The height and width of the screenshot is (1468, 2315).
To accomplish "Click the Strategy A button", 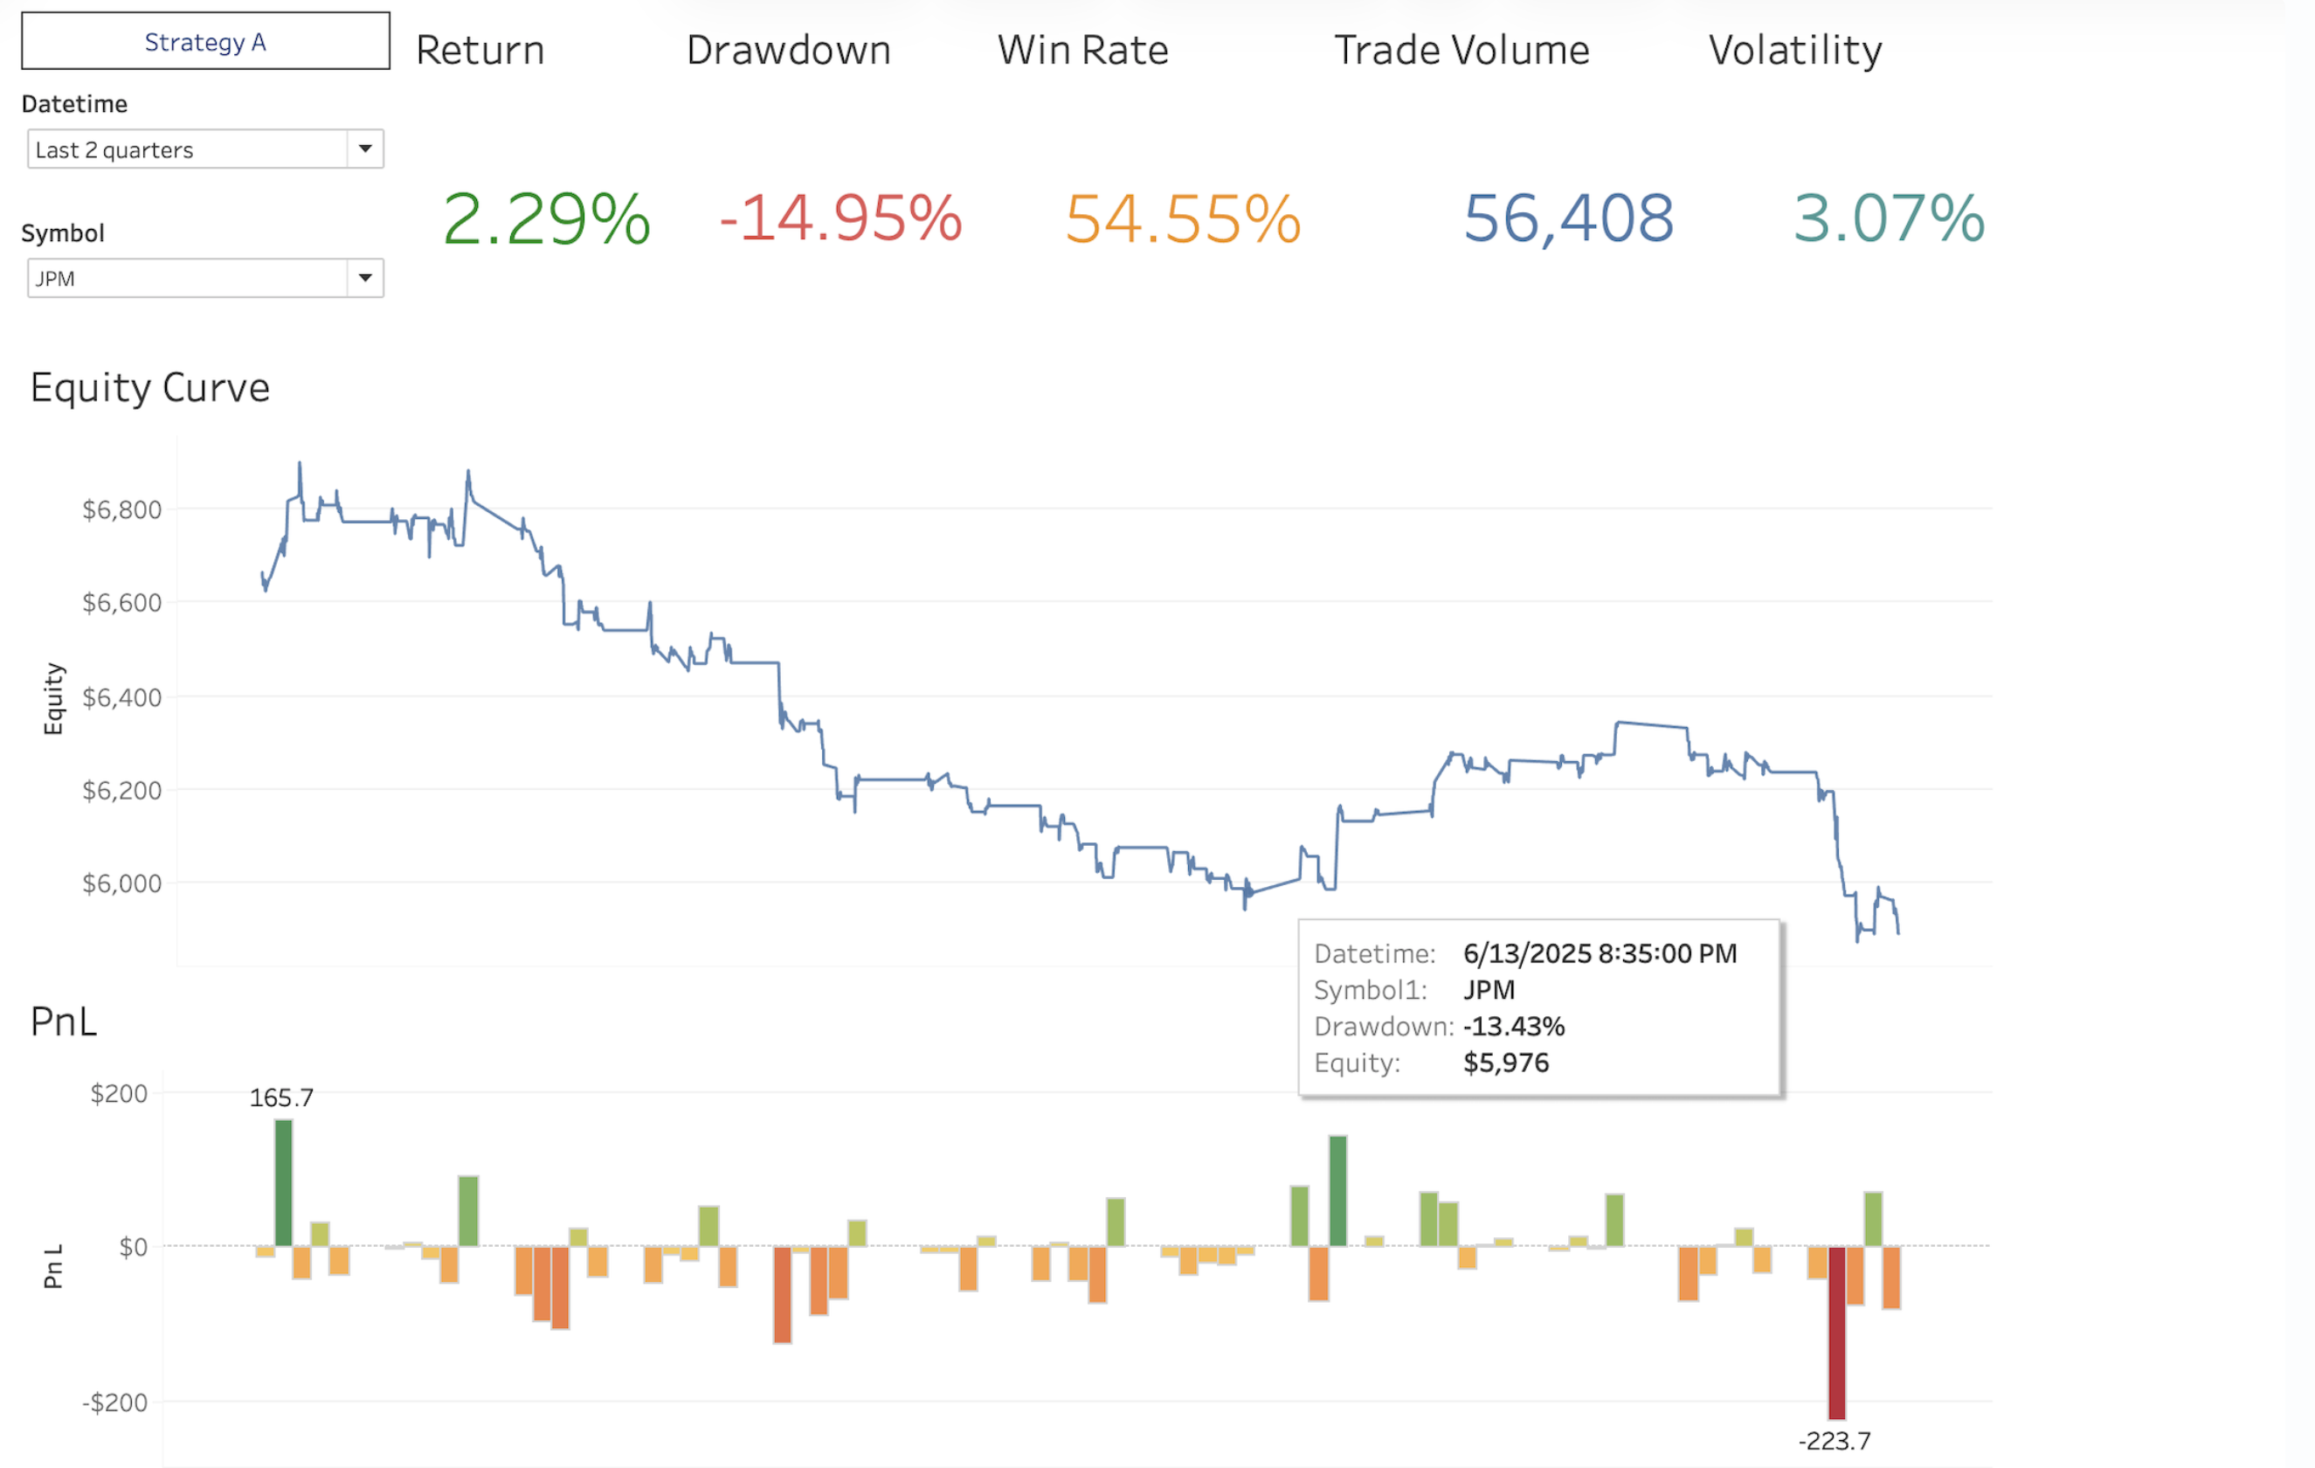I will [204, 41].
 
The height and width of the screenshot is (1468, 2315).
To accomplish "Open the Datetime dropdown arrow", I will [365, 149].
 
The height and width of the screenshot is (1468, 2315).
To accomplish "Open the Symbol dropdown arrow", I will [365, 278].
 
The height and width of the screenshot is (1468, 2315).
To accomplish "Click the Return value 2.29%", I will [546, 218].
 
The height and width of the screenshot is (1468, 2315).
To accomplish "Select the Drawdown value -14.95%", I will [840, 218].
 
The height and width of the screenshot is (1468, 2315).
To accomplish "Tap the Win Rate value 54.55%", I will [1183, 219].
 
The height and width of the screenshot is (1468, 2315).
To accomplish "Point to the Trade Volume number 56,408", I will [1568, 218].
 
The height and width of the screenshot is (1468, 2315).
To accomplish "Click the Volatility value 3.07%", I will [1888, 218].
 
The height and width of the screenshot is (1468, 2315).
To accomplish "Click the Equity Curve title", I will [150, 387].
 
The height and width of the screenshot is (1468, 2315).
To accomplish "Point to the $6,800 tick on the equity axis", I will [122, 509].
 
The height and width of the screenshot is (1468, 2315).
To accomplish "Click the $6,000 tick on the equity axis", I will [122, 883].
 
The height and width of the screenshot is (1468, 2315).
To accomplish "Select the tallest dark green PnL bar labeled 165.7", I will [284, 1182].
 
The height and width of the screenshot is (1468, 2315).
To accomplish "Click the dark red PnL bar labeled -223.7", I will [1836, 1332].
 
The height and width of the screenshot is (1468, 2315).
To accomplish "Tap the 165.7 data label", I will [281, 1097].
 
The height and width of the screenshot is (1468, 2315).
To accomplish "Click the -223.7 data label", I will [1835, 1441].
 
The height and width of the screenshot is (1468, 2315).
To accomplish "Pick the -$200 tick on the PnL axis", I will [114, 1402].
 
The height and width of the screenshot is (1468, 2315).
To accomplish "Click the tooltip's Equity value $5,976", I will [1505, 1063].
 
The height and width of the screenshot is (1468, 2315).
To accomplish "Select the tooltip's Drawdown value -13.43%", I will [1513, 1026].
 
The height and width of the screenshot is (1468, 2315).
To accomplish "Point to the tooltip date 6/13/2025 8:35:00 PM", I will [1600, 952].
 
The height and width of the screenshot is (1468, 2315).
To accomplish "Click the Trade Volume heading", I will [1462, 50].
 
